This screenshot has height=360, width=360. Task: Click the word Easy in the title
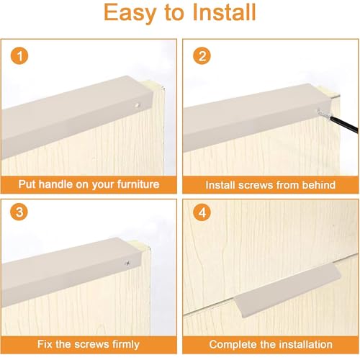pos(130,13)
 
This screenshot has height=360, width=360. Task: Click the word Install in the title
pos(224,12)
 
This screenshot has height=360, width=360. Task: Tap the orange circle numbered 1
pos(19,55)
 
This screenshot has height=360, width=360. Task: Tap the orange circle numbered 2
pos(202,55)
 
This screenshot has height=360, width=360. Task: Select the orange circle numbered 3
pos(19,212)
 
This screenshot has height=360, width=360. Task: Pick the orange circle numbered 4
pos(202,212)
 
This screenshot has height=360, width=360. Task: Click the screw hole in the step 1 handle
pos(137,105)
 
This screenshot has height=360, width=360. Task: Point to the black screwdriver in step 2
pos(344,125)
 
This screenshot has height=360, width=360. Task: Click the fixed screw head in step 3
pos(127,264)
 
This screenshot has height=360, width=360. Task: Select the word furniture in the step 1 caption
pos(138,184)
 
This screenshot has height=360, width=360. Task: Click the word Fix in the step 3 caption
pos(45,344)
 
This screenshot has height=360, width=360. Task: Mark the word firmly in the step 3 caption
pos(126,345)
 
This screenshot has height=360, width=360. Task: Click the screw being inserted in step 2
pos(324,114)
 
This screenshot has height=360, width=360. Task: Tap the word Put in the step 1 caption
pos(27,184)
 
